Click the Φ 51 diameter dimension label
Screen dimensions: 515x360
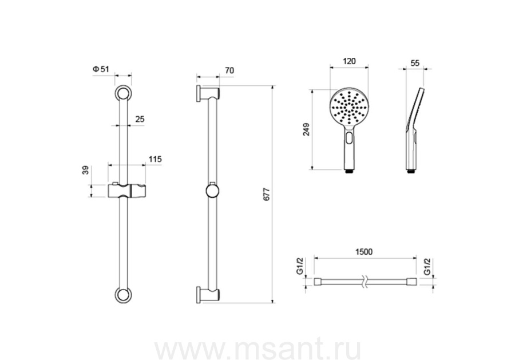[101, 69]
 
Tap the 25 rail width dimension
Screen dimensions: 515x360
[140, 119]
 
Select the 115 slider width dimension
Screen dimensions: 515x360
[155, 159]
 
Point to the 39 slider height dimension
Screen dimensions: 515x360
[85, 170]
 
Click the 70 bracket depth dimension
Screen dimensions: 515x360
[229, 70]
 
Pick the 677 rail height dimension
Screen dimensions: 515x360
[267, 195]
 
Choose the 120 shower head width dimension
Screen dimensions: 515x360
[349, 61]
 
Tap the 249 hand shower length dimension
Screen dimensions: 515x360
[306, 129]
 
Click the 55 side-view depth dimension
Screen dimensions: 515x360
[415, 63]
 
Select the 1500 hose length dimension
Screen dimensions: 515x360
[364, 252]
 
